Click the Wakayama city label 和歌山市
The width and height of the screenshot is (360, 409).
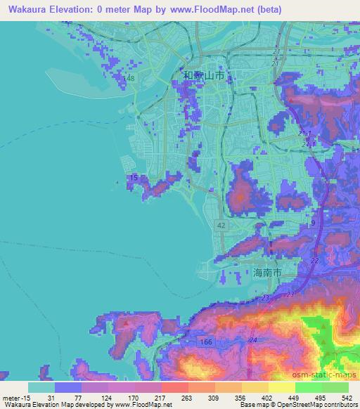click(206, 75)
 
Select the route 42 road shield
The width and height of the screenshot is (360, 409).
click(220, 223)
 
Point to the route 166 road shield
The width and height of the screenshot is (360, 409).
click(205, 341)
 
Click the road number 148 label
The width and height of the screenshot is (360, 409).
click(129, 78)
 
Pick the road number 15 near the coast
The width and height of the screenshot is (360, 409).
click(134, 178)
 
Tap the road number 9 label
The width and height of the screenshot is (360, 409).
click(313, 223)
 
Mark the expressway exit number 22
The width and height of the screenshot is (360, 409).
click(314, 261)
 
